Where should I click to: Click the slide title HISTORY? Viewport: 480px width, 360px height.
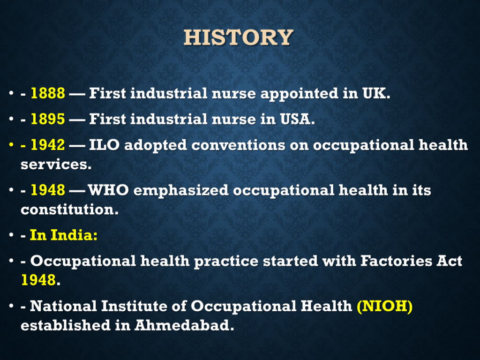[239, 37]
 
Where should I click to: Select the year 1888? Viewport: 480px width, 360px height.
[48, 93]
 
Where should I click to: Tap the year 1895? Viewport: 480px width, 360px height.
[48, 119]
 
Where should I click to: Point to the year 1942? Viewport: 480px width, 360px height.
[48, 144]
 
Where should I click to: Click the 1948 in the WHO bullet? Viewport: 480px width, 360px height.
[48, 190]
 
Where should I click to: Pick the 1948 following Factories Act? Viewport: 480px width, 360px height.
[38, 280]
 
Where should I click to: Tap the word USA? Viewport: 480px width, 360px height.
[297, 119]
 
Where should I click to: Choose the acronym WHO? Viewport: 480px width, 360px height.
[108, 190]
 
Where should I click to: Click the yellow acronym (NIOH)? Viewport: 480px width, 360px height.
[385, 306]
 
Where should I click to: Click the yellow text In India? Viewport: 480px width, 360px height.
[64, 235]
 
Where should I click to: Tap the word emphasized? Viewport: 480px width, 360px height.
[181, 190]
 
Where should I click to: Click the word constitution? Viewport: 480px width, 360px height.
[69, 210]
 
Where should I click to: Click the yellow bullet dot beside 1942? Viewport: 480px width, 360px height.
[11, 144]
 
